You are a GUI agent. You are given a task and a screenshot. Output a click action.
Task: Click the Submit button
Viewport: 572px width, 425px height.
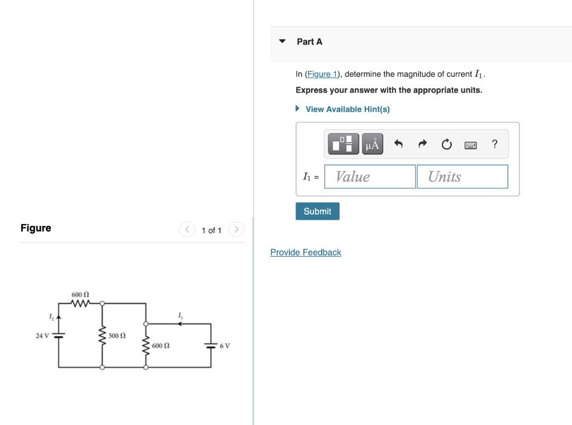click(317, 211)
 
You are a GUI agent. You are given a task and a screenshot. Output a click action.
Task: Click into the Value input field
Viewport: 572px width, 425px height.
click(370, 177)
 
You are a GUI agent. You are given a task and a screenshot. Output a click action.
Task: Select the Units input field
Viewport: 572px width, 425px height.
click(462, 177)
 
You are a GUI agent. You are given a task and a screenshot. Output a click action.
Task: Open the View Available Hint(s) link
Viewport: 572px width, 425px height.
click(347, 109)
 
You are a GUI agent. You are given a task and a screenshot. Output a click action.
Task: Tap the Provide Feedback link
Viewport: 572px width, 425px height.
click(306, 252)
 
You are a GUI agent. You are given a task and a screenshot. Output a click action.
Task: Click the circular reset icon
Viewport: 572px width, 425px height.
click(446, 145)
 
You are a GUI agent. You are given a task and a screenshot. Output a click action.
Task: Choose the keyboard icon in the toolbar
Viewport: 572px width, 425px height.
click(470, 145)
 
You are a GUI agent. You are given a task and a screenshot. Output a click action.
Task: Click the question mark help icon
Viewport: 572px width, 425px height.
click(494, 144)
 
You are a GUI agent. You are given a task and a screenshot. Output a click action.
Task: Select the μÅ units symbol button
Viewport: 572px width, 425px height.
click(373, 144)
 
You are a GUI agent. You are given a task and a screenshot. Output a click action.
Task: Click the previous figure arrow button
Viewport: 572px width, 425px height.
click(187, 230)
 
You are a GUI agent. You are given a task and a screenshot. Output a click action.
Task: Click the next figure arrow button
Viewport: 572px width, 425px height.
click(236, 230)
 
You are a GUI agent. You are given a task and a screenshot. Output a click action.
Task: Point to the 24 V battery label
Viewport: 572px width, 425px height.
click(42, 336)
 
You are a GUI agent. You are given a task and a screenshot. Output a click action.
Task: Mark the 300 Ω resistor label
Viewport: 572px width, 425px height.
click(117, 336)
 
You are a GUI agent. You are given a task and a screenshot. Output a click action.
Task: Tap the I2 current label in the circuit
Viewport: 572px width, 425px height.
click(51, 317)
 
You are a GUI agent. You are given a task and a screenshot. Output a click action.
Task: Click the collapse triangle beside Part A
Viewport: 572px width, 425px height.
click(283, 41)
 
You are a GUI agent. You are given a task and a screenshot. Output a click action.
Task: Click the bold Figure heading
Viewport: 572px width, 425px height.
click(36, 228)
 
